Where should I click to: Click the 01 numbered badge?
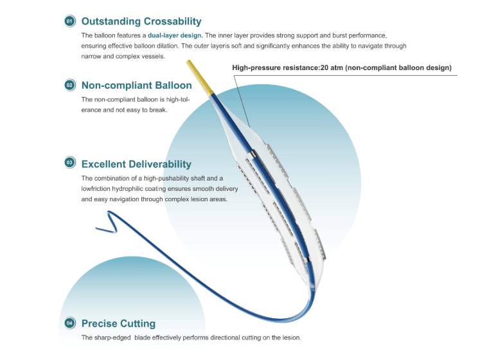click(70, 21)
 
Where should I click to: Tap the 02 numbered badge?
click(70, 85)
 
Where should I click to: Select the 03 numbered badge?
click(70, 163)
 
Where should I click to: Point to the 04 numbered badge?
click(70, 323)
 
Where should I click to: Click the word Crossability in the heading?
click(173, 21)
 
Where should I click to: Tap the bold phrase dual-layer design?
click(175, 35)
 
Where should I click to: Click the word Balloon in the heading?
click(173, 85)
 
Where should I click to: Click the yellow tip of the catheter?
click(200, 76)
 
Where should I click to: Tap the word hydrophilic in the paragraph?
click(139, 189)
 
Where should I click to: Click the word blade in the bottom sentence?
click(143, 337)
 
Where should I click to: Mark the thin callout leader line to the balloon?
click(242, 102)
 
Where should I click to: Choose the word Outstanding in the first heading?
click(111, 21)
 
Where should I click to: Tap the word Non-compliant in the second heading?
click(117, 85)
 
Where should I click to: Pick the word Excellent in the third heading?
click(103, 164)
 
